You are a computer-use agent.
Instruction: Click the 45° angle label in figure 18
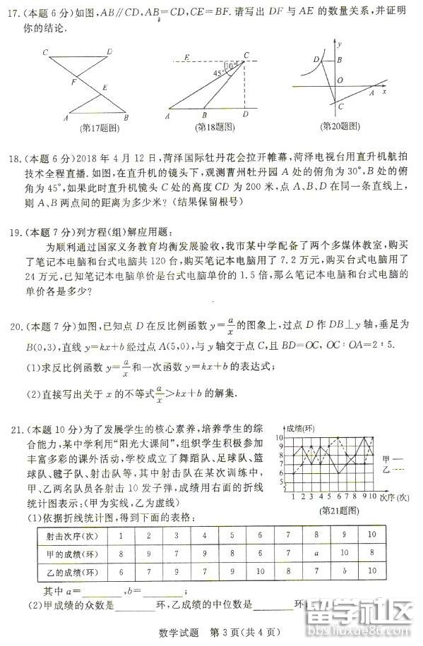pos(219,72)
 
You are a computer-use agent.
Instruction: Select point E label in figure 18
pos(186,56)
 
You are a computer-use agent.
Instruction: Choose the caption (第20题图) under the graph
pos(340,126)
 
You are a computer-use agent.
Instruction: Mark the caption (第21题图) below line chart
pos(335,508)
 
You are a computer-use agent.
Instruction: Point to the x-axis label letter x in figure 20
pos(385,91)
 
